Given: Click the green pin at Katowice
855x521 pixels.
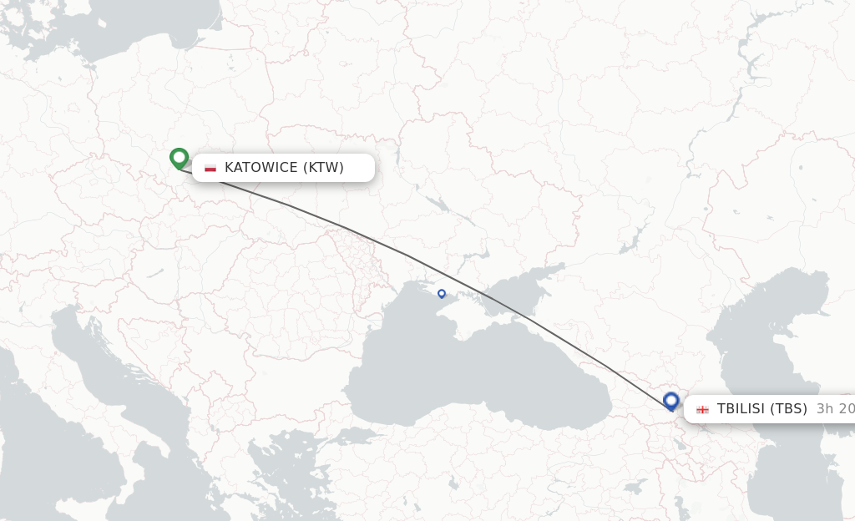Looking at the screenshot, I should tap(179, 157).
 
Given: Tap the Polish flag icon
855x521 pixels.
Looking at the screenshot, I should tap(210, 168).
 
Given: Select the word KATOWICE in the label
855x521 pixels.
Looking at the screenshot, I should tap(261, 168).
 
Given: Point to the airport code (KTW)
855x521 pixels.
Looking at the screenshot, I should tap(323, 168).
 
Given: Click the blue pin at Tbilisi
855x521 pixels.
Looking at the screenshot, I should tap(671, 401).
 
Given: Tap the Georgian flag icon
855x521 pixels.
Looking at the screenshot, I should tap(702, 409).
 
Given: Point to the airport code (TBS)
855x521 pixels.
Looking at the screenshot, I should tap(789, 409).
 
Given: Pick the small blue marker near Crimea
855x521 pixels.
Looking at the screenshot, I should tap(442, 293).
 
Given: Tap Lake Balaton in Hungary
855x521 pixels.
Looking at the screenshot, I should tap(155, 272).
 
